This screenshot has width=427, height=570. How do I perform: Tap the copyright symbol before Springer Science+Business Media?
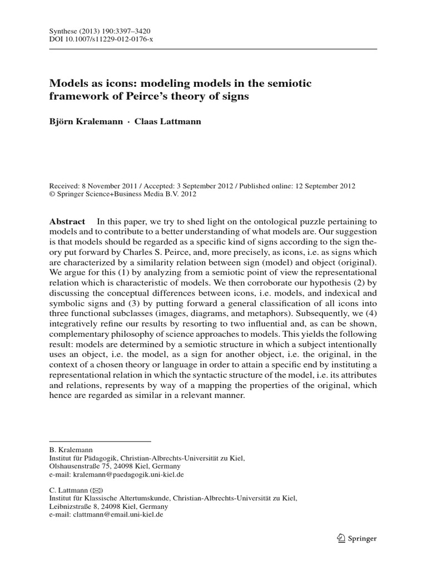pos(52,195)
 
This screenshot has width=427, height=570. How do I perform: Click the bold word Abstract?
pos(67,221)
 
